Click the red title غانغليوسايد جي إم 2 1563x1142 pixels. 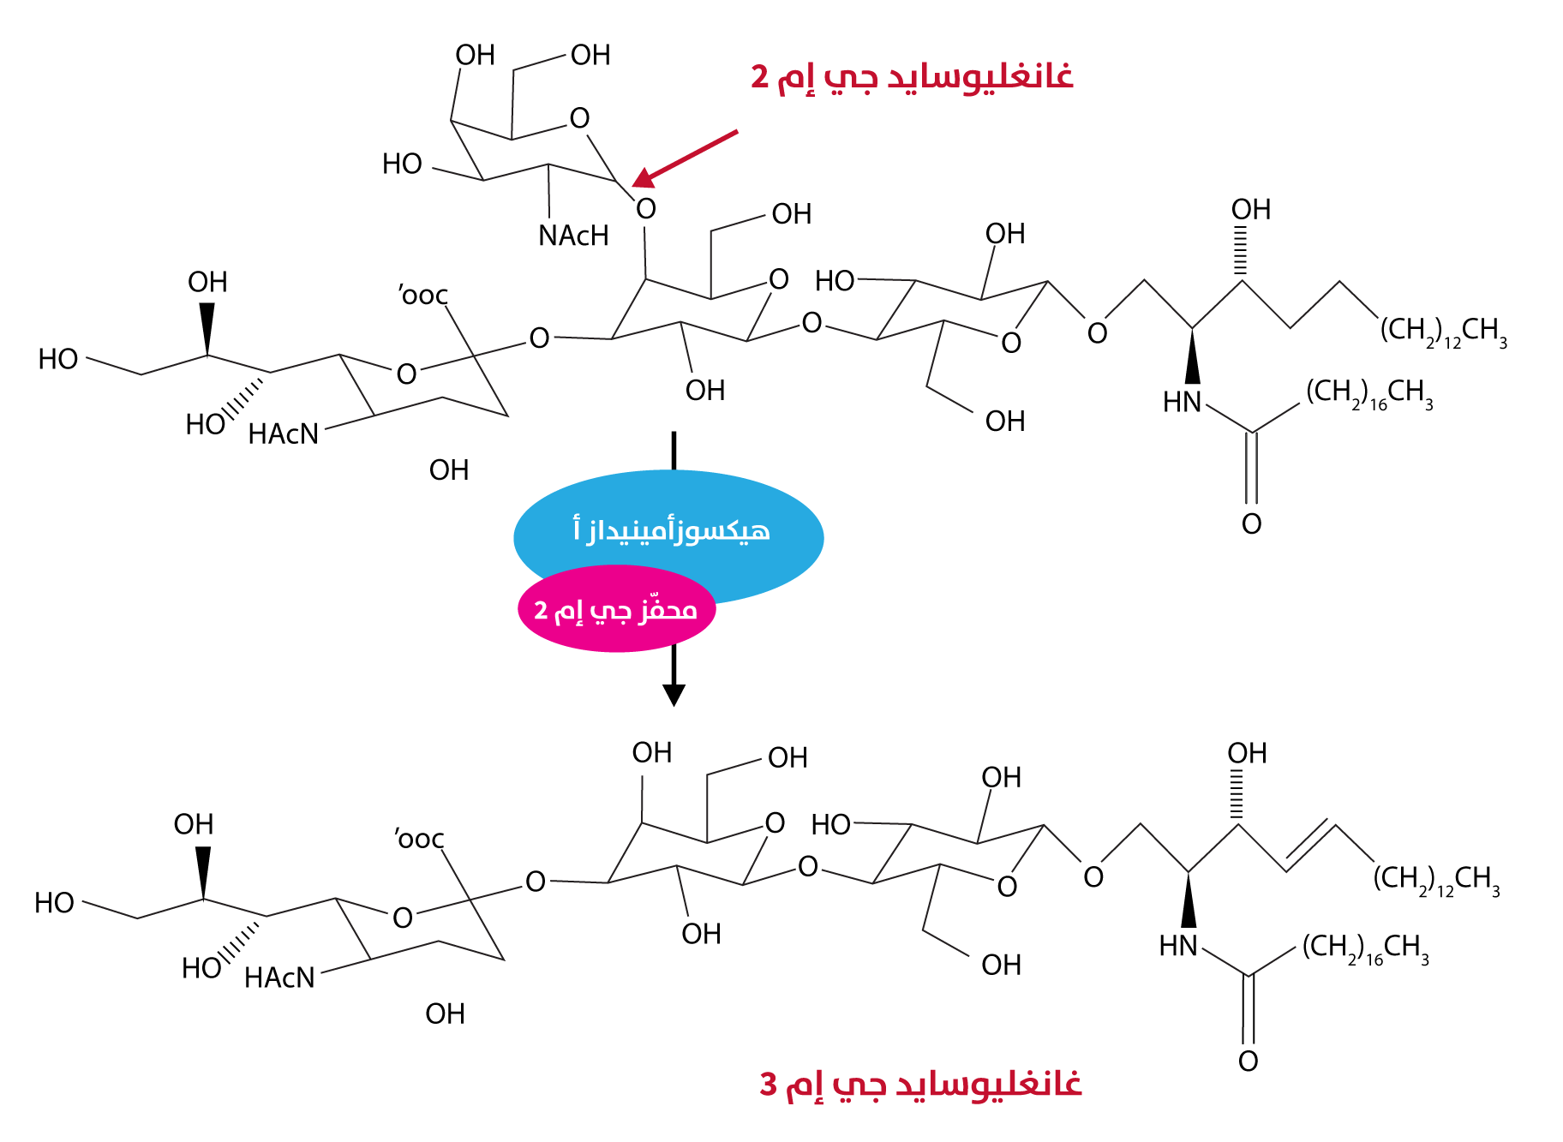point(912,76)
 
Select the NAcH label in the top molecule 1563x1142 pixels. point(573,236)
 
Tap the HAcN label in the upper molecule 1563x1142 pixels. point(283,434)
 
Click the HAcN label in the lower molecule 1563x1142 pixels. point(279,978)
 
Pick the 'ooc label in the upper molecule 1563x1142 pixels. point(423,296)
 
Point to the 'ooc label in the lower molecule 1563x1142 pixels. point(420,839)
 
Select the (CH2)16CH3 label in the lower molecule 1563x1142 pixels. point(1365,948)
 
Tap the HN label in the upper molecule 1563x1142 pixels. point(1183,402)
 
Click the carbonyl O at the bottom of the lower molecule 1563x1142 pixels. point(1249,1061)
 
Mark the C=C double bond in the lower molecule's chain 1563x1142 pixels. point(1309,846)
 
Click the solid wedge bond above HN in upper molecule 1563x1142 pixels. point(1192,356)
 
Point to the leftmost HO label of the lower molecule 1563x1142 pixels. point(54,903)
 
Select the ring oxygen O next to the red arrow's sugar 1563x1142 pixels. point(580,118)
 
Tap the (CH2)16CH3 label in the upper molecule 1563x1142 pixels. point(1368,394)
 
